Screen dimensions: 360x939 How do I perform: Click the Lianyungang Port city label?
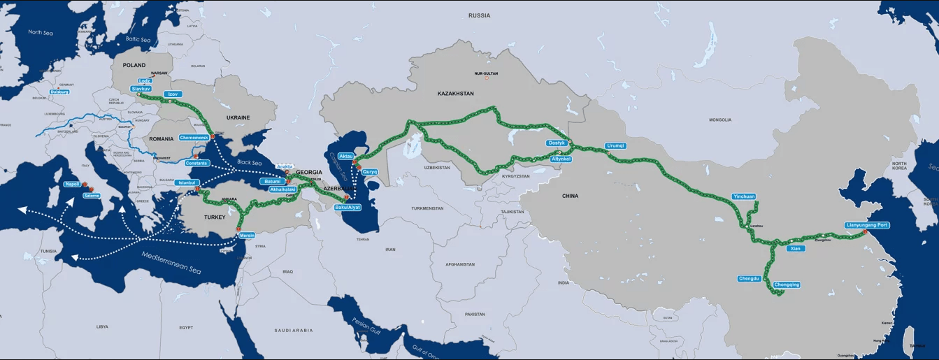[867, 225]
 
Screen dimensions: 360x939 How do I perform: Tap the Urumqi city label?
[616, 145]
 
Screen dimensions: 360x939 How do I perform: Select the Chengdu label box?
[749, 278]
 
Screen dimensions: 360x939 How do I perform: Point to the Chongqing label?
[787, 285]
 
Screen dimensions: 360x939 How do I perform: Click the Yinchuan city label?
[744, 196]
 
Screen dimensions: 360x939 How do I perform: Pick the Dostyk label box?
[557, 143]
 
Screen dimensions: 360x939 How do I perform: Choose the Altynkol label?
[561, 159]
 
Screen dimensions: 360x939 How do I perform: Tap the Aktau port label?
[346, 155]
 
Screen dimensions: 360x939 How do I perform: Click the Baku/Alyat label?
[347, 208]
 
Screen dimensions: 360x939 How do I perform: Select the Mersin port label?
[248, 236]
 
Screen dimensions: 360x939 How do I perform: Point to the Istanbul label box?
[187, 182]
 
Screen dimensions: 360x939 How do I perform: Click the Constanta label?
[197, 163]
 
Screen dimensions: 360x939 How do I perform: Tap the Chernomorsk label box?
[194, 137]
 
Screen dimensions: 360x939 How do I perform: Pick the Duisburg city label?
[60, 92]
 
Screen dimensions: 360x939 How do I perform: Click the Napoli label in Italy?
[72, 184]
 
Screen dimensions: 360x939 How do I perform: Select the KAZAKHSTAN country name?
[455, 93]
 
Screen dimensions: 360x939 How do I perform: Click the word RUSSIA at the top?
[479, 15]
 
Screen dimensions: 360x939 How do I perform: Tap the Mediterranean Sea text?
[171, 261]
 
